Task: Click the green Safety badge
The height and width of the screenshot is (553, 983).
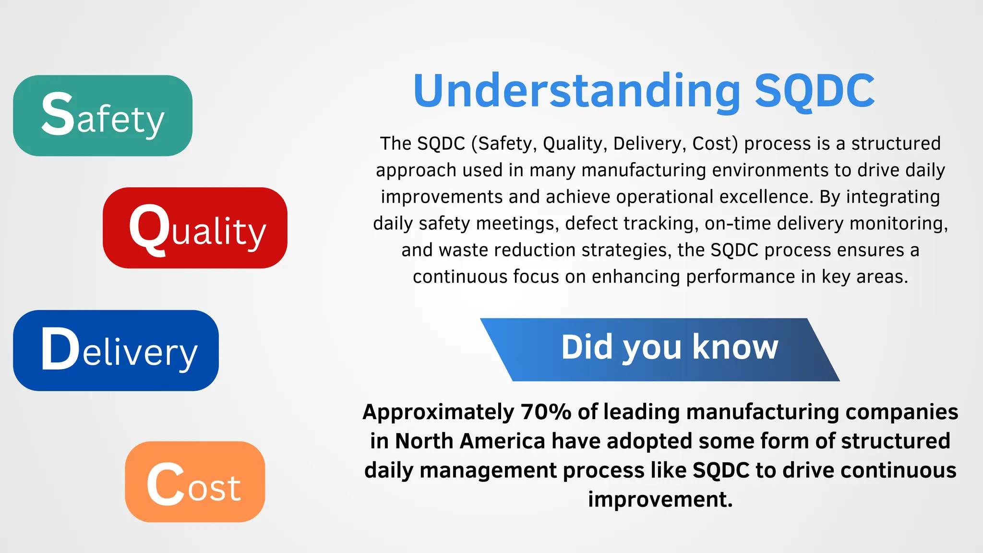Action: [x=102, y=116]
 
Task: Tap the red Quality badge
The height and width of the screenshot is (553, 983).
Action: [x=195, y=228]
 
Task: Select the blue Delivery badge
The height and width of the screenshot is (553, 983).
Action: [x=116, y=350]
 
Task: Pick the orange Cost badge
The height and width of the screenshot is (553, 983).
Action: [x=195, y=482]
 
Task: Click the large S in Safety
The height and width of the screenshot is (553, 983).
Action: [x=58, y=114]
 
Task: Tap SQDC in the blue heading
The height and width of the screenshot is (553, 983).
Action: [x=815, y=91]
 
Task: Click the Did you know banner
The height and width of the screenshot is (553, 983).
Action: [x=660, y=349]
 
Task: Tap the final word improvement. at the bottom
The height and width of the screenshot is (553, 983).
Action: [x=660, y=500]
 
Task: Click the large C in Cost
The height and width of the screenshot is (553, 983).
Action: [x=166, y=484]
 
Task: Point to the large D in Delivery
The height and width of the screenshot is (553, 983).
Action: [x=60, y=349]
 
